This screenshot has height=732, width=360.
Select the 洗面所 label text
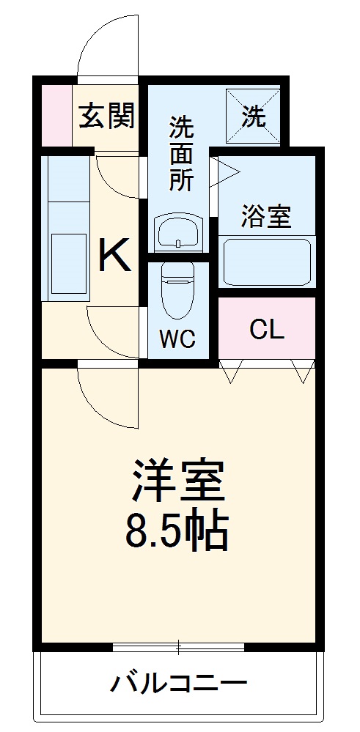(x=181, y=154)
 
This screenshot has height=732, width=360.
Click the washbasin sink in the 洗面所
(x=177, y=233)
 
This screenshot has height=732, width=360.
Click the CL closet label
(x=266, y=330)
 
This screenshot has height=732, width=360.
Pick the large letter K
(x=115, y=256)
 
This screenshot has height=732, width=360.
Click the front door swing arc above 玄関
(x=106, y=44)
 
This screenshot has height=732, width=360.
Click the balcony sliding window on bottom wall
(x=178, y=647)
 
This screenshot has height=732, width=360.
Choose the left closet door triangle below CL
(x=229, y=372)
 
